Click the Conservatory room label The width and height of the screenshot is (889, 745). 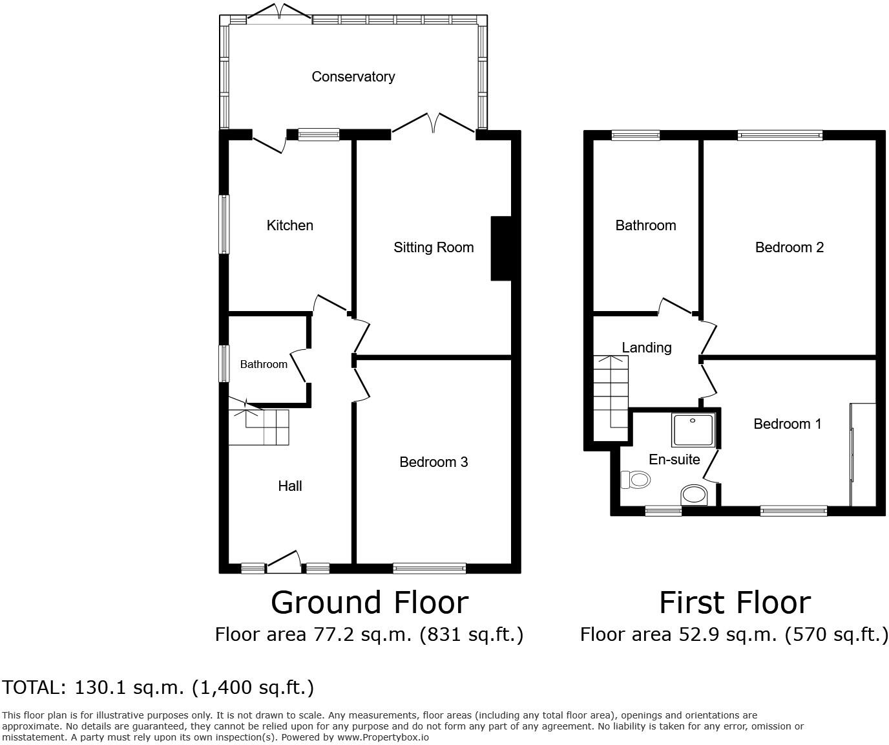pos(353,77)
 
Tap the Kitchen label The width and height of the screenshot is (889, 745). pos(289,225)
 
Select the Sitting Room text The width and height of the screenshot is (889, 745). pos(434,247)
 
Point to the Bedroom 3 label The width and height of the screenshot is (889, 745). pos(434,462)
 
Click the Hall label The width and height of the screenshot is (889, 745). pos(289,486)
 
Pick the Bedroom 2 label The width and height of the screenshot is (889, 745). pos(789,247)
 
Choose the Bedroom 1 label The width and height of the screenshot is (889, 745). pos(787,424)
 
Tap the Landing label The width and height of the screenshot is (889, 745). pos(646,347)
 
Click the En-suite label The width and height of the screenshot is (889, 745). pos(674,459)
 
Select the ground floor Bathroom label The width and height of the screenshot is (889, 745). pos(264,365)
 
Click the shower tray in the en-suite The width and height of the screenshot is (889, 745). pos(693,430)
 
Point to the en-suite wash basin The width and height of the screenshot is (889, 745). pos(695,495)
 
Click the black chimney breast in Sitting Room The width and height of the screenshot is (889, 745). pos(501,248)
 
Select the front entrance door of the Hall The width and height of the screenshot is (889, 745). pos(284,562)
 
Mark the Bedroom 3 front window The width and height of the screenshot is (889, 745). pos(429,568)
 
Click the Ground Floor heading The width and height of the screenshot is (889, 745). pos(369,603)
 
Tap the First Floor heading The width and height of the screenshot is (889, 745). pos(735,603)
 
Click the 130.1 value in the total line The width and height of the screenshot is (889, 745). pos(100,687)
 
